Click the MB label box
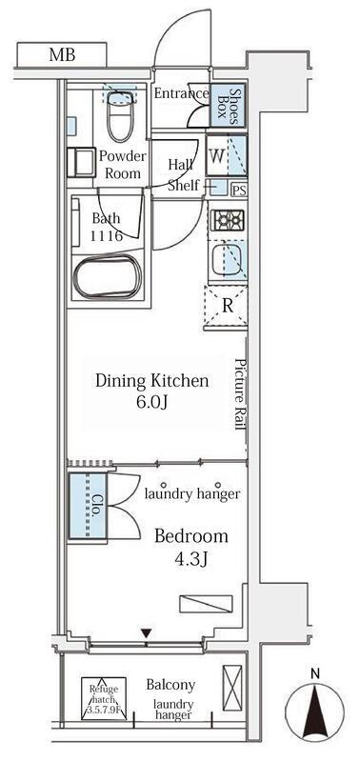click(62, 54)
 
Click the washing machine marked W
click(227, 156)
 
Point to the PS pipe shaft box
click(238, 190)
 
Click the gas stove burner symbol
click(228, 220)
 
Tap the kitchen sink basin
click(228, 260)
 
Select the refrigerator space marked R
click(227, 307)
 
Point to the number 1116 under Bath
click(107, 236)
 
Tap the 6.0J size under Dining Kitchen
click(151, 403)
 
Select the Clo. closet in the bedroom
click(88, 506)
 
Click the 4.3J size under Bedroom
click(190, 560)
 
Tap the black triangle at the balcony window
click(147, 633)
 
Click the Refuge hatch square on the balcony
click(104, 699)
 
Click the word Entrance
click(181, 93)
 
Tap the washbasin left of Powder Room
click(81, 161)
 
